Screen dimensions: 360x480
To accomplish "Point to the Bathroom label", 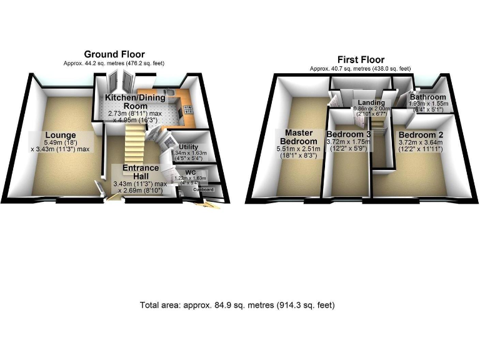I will (428, 97).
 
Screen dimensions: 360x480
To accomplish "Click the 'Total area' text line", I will (237, 305).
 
